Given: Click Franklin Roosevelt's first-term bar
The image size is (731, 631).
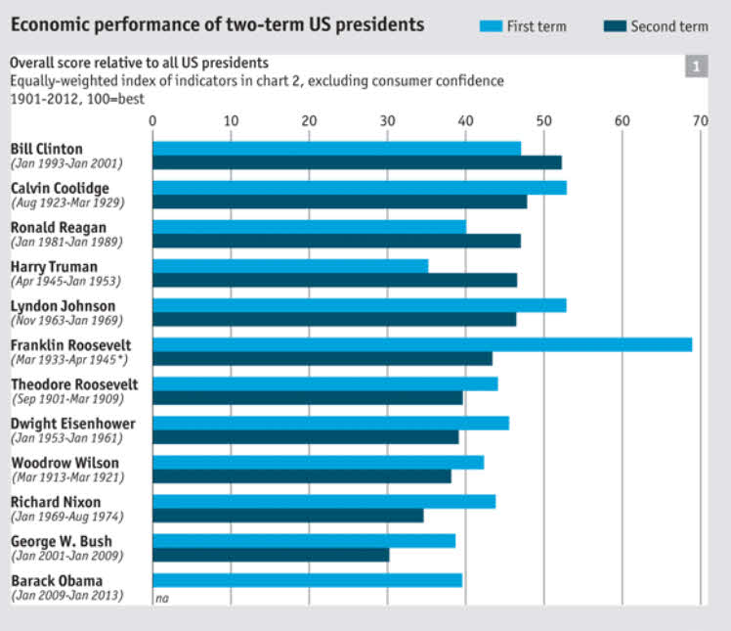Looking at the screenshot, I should tap(422, 344).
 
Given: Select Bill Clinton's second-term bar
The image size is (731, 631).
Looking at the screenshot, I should tap(357, 162).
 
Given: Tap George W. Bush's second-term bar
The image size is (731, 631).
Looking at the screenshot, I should tap(271, 555).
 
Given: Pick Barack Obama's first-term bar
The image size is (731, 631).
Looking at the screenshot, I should tap(307, 580).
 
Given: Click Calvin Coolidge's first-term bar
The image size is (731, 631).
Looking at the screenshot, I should tap(360, 188).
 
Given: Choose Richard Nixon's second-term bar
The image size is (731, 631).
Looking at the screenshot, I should tap(288, 516).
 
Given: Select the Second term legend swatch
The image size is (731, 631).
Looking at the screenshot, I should tap(612, 26).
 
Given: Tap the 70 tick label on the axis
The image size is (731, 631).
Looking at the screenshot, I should tap(699, 120).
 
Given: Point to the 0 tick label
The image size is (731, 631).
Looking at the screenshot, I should tap(152, 120).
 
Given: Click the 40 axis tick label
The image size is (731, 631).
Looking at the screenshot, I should tap(465, 120).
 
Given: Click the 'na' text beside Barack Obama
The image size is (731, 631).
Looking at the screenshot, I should tap(161, 598).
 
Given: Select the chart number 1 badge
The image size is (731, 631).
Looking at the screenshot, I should tap(696, 67).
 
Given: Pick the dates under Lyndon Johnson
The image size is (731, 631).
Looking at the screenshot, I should tap(65, 320).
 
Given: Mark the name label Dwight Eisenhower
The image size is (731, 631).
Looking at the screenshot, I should tap(72, 424).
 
